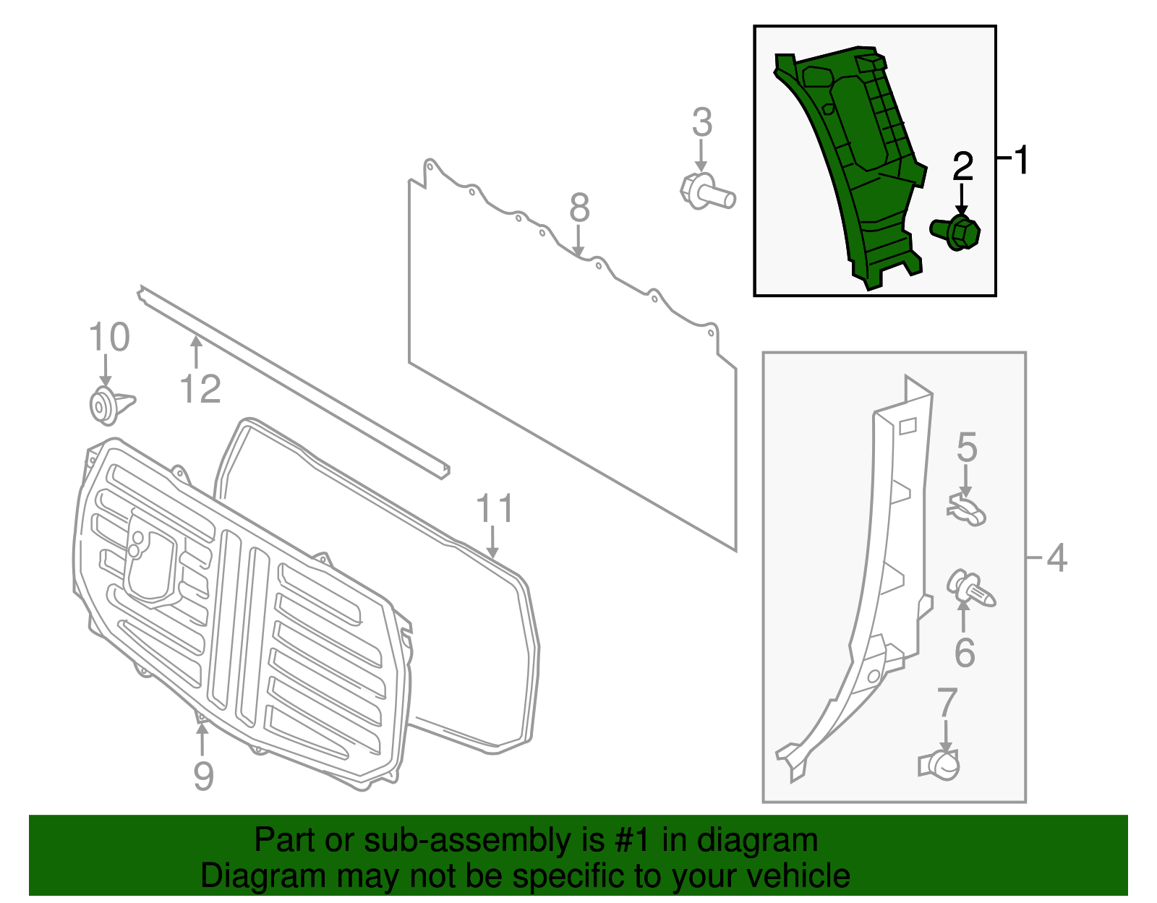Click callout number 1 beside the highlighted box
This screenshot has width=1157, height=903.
(x=1021, y=160)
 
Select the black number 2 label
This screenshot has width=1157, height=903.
(x=962, y=167)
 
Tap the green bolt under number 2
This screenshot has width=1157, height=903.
(x=957, y=232)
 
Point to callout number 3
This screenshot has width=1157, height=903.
(x=701, y=123)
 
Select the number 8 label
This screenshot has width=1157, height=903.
(x=579, y=208)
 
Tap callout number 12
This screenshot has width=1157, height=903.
(x=200, y=390)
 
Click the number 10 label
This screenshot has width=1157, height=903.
(x=109, y=338)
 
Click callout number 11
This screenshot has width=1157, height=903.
(x=495, y=509)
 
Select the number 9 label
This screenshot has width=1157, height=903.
(x=204, y=776)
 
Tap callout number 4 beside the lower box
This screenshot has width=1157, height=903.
(x=1056, y=558)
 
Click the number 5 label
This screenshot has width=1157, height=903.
(x=967, y=448)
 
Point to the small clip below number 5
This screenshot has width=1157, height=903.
(x=966, y=509)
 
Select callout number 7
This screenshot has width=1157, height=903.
(x=947, y=702)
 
